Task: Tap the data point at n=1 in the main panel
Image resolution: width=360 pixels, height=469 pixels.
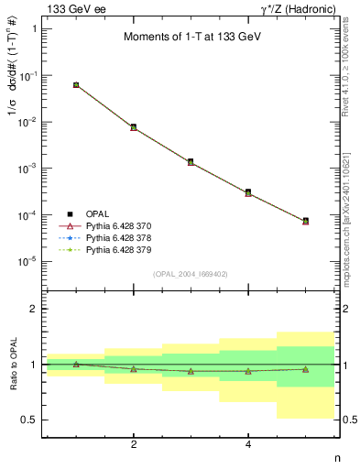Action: click(x=76, y=84)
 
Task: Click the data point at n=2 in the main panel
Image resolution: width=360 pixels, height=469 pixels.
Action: click(x=134, y=127)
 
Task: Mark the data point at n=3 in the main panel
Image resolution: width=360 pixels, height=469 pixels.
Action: click(x=191, y=162)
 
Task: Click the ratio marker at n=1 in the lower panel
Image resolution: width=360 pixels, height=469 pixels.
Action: click(x=76, y=365)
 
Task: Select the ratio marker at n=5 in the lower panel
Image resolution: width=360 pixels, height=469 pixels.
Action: click(x=305, y=369)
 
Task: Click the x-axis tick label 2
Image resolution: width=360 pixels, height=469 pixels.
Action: click(x=134, y=445)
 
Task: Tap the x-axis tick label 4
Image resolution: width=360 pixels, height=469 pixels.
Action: click(x=248, y=445)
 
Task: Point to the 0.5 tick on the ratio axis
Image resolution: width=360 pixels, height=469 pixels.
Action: click(x=31, y=420)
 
